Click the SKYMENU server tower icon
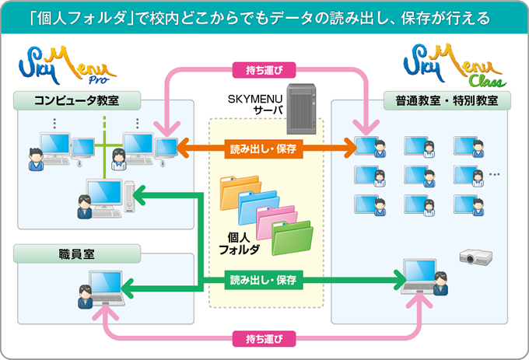pos(301,109)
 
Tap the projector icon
pos(475,257)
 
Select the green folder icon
pos(293,238)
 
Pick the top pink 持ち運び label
pos(264,70)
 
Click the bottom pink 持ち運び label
pos(264,339)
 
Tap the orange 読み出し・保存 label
pos(264,149)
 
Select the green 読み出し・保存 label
pos(264,280)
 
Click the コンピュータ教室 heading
pos(77,100)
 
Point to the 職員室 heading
pos(77,253)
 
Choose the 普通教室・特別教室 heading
pos(447,100)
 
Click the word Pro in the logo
pos(99,79)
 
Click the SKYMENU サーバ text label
pos(256,104)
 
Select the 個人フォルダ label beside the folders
pos(239,243)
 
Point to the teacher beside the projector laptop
pos(440,283)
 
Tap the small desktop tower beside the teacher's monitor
pos(129,197)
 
